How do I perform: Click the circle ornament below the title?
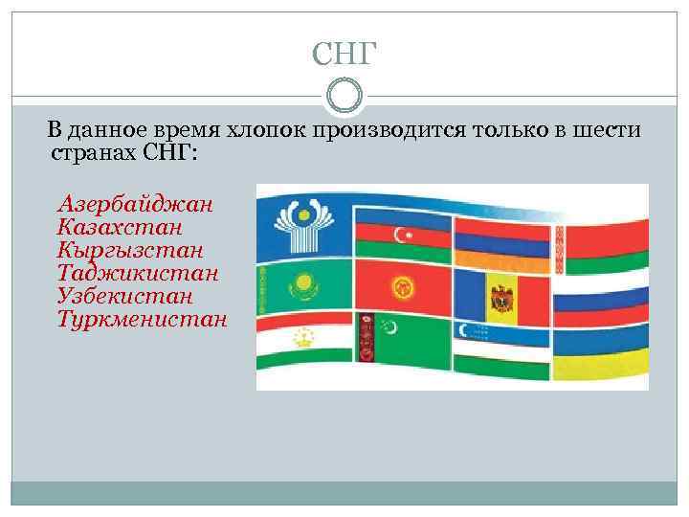(344, 96)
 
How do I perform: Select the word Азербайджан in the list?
(135, 204)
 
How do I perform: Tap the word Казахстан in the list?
(121, 227)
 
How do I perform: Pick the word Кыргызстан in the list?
(130, 250)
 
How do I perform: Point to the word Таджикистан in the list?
(138, 273)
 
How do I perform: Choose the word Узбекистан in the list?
(125, 296)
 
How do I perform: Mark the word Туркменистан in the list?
(143, 319)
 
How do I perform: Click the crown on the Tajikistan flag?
(305, 336)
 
